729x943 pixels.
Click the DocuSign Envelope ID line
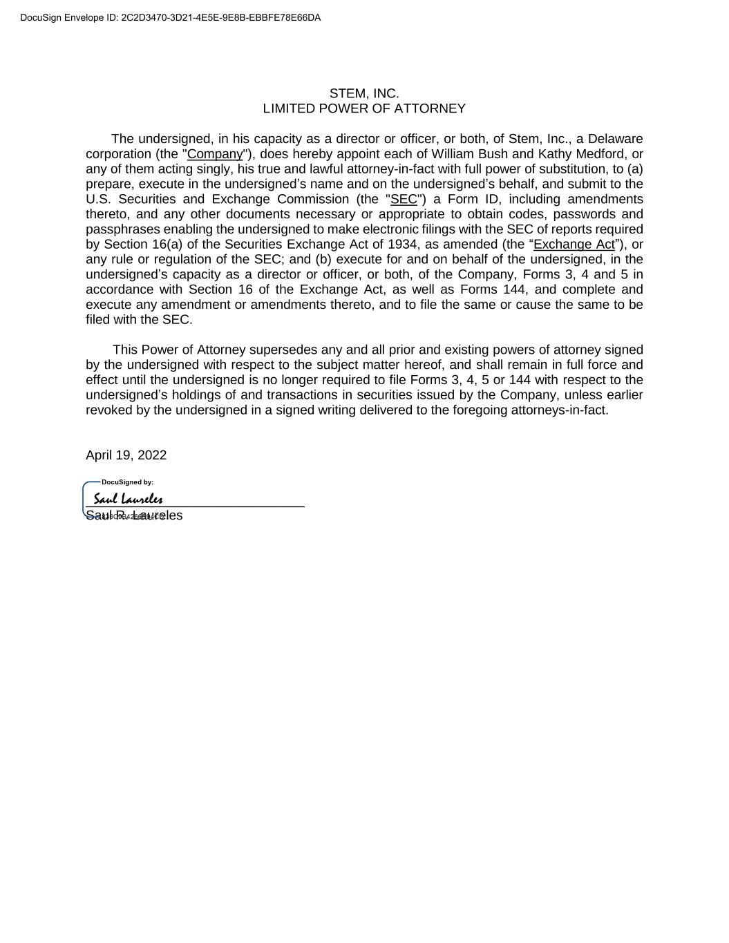tap(171, 18)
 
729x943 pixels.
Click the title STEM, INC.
tap(364, 93)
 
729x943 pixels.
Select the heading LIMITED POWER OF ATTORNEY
tap(364, 108)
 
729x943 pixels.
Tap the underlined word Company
tap(215, 154)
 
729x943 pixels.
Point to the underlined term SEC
tap(404, 199)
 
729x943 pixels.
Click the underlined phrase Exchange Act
tap(574, 244)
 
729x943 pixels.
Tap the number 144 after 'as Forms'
tap(514, 289)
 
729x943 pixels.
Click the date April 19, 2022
tap(126, 455)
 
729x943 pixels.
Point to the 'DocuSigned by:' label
tap(127, 482)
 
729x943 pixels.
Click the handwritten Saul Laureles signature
tap(129, 499)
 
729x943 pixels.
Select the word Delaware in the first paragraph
tap(615, 139)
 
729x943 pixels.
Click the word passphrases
tap(118, 229)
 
